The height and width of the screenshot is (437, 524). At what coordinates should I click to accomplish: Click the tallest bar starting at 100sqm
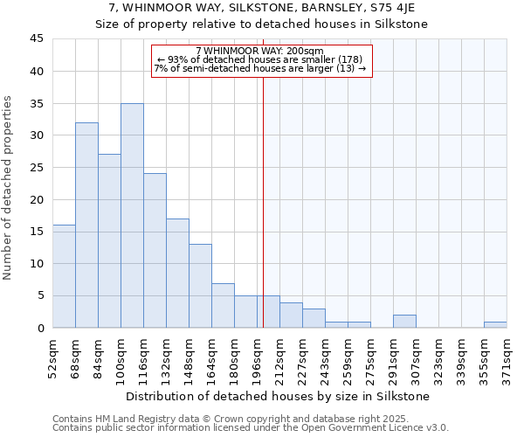point(132,216)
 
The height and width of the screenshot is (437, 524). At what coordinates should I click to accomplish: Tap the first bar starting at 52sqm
point(64,276)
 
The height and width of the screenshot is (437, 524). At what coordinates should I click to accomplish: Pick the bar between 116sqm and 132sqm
point(155,251)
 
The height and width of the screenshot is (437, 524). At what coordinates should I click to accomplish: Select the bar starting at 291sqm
point(404,321)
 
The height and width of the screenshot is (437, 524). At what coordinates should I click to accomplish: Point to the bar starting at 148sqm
point(200,286)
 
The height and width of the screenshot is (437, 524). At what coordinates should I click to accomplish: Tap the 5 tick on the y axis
point(40,295)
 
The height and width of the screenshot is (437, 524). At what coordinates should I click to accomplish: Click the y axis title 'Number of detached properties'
point(9,188)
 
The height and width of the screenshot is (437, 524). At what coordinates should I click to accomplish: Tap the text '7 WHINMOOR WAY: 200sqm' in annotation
point(259,52)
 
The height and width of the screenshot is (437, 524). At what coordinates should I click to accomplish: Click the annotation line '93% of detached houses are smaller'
point(259,59)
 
